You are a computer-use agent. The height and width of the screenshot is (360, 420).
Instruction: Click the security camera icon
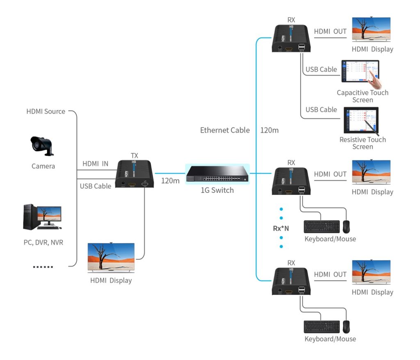coord(42,146)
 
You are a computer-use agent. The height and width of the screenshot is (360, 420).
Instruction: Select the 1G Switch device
coord(217,174)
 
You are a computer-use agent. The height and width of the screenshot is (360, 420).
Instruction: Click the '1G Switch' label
coord(217,190)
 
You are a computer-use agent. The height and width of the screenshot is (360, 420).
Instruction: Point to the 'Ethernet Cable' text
coord(225,130)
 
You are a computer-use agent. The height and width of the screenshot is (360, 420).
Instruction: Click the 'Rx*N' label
coord(281,228)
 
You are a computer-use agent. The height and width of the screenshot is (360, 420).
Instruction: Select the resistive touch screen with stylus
coord(361,121)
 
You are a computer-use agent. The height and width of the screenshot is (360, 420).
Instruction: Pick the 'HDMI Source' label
coord(46,111)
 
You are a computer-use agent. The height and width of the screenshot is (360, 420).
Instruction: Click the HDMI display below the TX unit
coord(111,258)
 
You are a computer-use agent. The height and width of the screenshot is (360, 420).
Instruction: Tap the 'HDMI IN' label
coord(95,164)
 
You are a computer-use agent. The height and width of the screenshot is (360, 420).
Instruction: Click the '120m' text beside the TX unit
coord(170,181)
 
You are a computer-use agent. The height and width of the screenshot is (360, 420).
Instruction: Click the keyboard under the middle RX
coord(322,227)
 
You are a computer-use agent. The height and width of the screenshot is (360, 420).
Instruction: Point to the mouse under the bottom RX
coord(347,327)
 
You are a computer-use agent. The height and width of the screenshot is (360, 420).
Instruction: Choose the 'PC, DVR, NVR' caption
coord(43,242)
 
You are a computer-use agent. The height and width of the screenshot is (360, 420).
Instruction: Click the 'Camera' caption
coord(43,166)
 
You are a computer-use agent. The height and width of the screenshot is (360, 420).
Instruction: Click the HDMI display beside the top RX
coord(371,29)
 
